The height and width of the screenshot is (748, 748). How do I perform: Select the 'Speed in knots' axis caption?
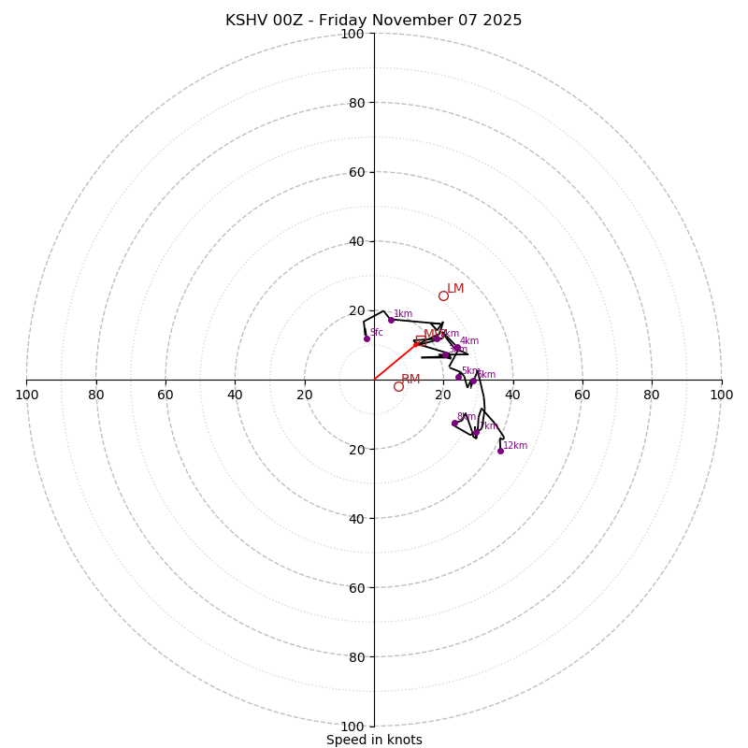pos(374,740)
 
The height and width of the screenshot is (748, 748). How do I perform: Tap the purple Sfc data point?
pos(367,338)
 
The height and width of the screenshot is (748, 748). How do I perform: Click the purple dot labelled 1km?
pos(391,320)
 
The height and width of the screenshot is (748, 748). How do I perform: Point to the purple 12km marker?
pos(500,451)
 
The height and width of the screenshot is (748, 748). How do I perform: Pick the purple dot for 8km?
pos(454,424)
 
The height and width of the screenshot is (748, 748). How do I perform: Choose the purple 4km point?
pos(457,348)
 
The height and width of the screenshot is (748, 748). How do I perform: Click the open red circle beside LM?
pos(443,295)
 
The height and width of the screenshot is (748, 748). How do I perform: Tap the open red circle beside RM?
pos(398,386)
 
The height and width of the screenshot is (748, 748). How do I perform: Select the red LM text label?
pos(455,289)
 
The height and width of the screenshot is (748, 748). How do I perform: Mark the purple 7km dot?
pos(475,433)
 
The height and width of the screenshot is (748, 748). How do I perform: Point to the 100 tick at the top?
pos(352,34)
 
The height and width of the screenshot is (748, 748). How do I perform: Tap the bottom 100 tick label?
pos(352,726)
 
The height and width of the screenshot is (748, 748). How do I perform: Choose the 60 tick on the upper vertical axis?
pos(356,172)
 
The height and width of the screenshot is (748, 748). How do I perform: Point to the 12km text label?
pos(515,446)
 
